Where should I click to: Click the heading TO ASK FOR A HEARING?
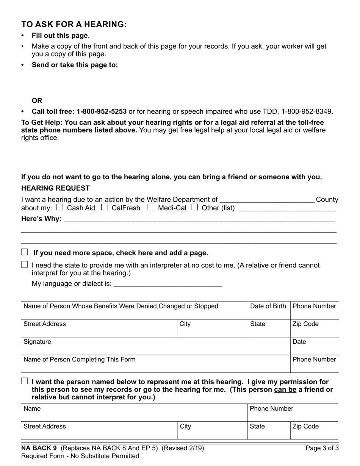point(74,24)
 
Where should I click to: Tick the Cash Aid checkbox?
point(59,207)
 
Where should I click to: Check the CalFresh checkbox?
point(105,207)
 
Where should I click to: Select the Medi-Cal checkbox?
point(151,207)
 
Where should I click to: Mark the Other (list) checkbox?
point(195,207)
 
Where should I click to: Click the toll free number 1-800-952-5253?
point(101,111)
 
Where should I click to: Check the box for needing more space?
point(25,252)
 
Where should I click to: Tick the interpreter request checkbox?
point(25,265)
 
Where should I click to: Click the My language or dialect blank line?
point(167,284)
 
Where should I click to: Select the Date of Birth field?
point(269,313)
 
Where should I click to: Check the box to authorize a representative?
point(25,382)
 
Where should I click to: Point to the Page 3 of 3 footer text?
point(322,448)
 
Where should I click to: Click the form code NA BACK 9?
point(39,448)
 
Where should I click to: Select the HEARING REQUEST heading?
point(55,188)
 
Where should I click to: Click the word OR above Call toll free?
point(37,101)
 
